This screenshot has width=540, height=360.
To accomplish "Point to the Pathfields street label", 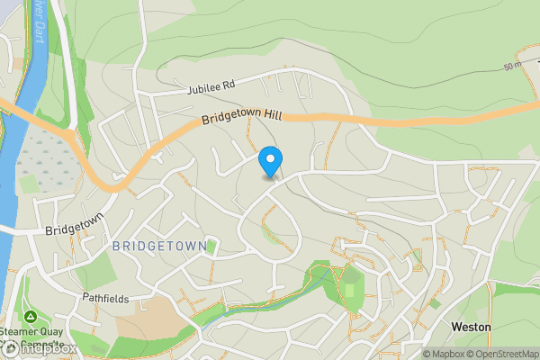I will (x=106, y=298).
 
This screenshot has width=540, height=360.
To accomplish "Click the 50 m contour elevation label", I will (x=513, y=66).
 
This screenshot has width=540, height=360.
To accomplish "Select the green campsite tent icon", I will (x=30, y=317).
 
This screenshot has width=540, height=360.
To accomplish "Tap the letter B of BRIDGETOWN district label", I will (x=118, y=245).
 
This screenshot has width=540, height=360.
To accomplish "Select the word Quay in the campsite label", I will (x=49, y=331).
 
